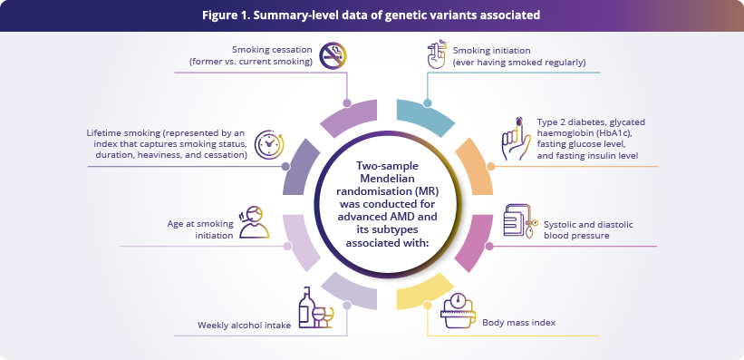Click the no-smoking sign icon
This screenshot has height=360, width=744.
coord(333,55)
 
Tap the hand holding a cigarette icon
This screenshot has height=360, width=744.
coord(435,54)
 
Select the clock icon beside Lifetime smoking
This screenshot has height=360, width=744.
coord(269,143)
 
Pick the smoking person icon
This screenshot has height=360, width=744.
coord(254,222)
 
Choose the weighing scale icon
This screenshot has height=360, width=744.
coord(458,309)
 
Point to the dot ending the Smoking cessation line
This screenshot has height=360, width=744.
coord(347,103)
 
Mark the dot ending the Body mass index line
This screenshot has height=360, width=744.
coord(428,305)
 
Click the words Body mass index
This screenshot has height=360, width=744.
coord(518,323)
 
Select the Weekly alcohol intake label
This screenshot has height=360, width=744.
coord(244,326)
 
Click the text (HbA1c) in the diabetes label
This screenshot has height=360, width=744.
coord(622,133)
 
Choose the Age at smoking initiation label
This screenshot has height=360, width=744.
coord(199,229)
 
